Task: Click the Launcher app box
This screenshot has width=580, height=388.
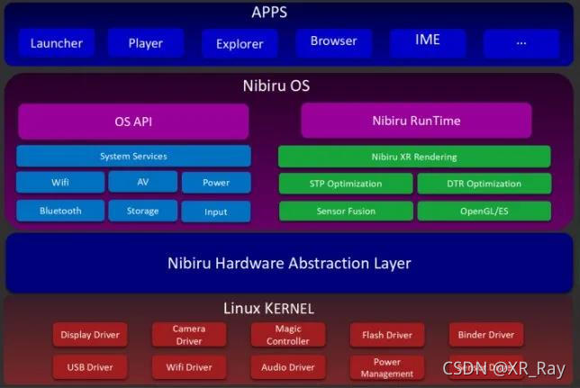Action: [56, 43]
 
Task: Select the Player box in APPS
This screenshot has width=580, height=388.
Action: [145, 43]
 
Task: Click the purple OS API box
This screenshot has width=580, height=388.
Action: [133, 121]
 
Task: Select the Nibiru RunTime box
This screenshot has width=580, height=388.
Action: [415, 121]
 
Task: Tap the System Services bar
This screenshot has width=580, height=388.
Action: [133, 157]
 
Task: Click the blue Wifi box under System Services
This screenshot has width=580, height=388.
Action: [59, 183]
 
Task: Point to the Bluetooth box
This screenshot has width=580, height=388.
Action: [59, 211]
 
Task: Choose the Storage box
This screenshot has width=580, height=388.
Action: [142, 212]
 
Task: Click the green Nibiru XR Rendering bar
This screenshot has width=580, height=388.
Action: [413, 157]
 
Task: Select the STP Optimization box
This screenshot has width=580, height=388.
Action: [346, 184]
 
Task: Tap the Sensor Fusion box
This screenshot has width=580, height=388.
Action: [346, 211]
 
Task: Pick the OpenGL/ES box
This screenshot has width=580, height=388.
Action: [483, 211]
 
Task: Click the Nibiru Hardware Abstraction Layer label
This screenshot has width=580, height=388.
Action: [289, 264]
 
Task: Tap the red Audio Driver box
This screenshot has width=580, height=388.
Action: [287, 367]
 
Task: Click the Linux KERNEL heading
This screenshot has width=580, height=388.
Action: [268, 308]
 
